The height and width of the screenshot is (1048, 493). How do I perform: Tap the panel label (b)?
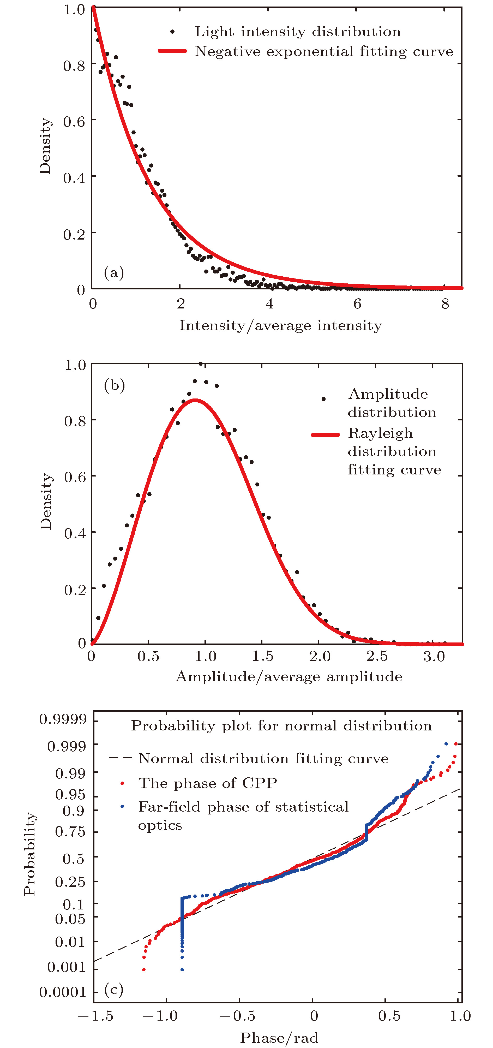coord(114,384)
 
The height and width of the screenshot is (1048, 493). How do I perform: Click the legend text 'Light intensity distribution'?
coord(297,31)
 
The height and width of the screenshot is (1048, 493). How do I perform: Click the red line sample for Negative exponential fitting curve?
coord(172,51)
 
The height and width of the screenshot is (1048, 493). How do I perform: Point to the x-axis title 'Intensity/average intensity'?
coord(281,325)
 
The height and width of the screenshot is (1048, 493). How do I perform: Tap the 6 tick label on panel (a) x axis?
coord(357,303)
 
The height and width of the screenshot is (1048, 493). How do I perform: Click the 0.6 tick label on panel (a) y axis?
coord(74,121)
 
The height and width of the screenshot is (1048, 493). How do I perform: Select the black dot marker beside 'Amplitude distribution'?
coord(323,399)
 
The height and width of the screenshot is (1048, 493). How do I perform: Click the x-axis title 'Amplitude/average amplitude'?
coord(289,677)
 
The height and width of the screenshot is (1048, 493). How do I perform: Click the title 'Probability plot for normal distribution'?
coord(281,726)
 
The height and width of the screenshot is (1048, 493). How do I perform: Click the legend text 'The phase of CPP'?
coord(207,783)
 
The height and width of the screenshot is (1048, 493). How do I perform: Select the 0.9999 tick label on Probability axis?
coord(57,719)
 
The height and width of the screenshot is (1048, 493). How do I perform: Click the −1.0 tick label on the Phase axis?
coord(160,1016)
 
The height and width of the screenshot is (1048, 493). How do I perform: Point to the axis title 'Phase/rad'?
coord(279,1037)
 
